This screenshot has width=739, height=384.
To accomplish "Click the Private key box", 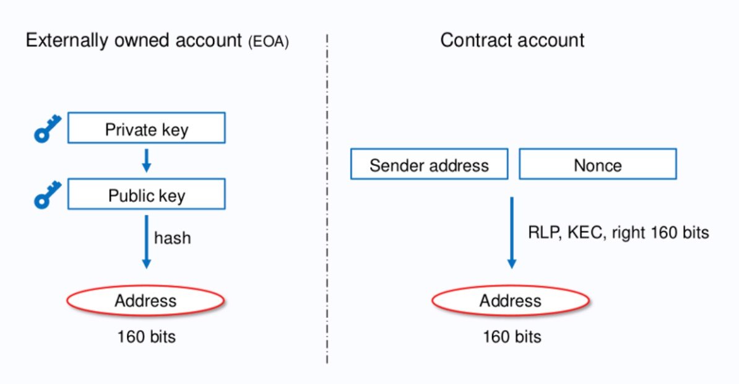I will pos(146,128).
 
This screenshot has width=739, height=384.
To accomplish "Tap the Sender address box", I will pos(429,164).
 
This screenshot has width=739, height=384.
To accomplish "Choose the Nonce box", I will pos(597,164).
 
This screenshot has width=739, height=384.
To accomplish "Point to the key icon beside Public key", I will pos(48,195).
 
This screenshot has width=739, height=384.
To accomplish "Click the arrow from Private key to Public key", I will pos(146,160).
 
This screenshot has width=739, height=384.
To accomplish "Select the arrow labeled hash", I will pos(146,241).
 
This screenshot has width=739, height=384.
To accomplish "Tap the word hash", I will pos(172,238).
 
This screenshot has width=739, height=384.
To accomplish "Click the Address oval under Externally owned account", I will pos(146,301).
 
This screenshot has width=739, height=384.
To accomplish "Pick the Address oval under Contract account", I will pos(511,301).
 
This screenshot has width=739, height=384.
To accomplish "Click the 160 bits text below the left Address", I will pos(146,337).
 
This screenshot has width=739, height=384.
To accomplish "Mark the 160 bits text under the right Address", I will pos(512,337).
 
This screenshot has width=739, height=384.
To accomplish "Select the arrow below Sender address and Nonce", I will pos(512,232).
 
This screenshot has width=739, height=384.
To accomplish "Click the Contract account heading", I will pos(512,40).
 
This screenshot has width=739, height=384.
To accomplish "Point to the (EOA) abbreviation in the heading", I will pos(269,43).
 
